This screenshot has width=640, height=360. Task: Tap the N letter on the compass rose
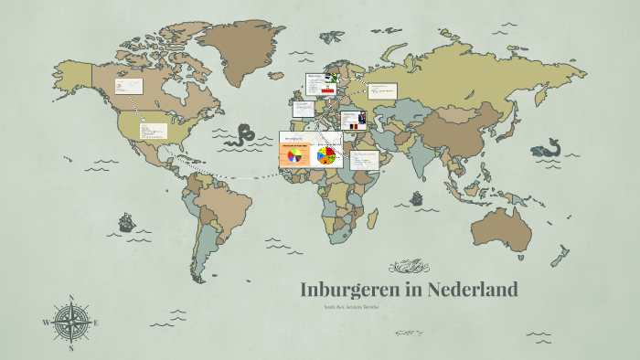[x=71, y=297]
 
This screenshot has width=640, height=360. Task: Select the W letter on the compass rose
[x=46, y=323]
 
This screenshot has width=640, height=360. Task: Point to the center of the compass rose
[x=71, y=323]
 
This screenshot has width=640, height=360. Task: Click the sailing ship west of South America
[x=125, y=222]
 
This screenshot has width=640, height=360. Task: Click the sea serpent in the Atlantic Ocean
[x=243, y=135]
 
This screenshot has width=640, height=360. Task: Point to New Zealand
[x=560, y=259]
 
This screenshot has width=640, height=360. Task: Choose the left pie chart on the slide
[x=293, y=156]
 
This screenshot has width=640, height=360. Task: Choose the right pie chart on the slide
[x=325, y=155]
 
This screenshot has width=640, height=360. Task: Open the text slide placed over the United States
[x=152, y=131]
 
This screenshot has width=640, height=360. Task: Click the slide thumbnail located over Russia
[x=383, y=90]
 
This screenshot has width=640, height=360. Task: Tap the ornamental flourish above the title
[x=409, y=267]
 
